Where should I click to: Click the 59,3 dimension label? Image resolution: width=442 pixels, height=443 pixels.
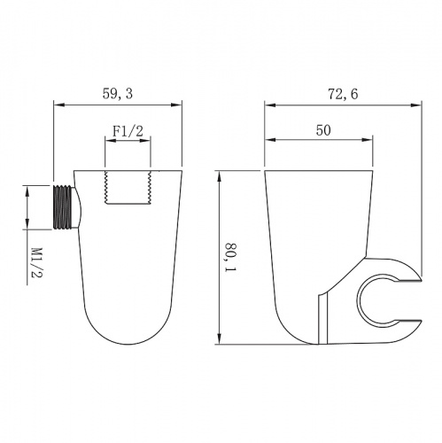coord(118,93)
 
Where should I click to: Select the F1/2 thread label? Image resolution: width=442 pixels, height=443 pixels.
coord(128,131)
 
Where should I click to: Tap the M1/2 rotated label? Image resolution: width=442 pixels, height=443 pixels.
coord(37,262)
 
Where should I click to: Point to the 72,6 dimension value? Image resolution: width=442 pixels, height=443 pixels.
coord(343,94)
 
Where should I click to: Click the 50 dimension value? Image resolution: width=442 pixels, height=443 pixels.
coord(323,130)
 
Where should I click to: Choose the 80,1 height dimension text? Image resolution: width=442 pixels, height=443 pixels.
coord(231,258)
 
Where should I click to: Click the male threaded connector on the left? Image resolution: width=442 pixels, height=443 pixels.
coord(63,207)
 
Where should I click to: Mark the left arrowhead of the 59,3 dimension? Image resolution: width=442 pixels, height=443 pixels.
coord(59,105)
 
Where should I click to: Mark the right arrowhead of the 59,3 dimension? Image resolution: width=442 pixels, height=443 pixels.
coord(176,105)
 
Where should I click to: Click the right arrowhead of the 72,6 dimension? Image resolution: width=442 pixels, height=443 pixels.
coord(415,105)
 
